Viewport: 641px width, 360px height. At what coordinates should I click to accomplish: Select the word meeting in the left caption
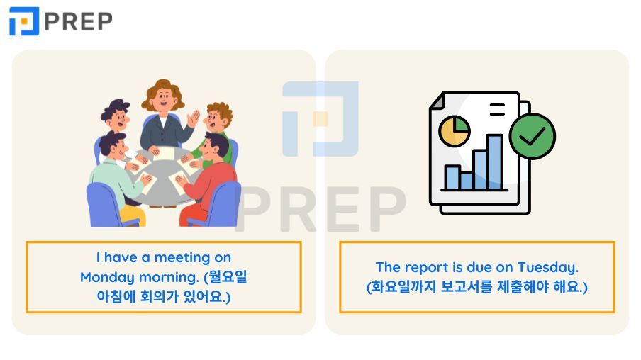click(x=182, y=258)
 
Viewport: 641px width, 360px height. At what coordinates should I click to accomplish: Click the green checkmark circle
click(x=533, y=136)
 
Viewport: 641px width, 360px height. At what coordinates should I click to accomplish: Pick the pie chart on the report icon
click(x=455, y=131)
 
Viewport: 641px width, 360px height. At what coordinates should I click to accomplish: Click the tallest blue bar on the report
click(x=494, y=162)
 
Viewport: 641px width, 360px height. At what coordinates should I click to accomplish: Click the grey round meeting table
click(x=162, y=179)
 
